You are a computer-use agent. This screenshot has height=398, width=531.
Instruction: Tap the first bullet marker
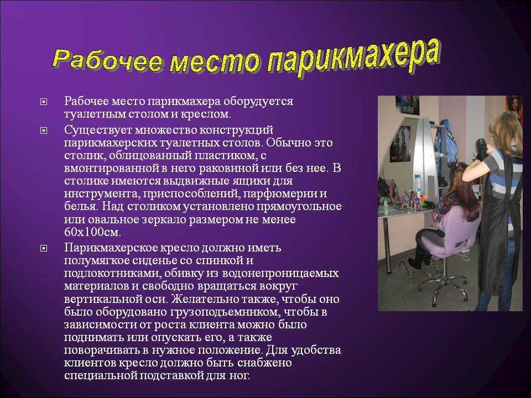pos(44,102)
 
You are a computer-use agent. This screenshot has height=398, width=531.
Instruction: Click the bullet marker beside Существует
pos(44,130)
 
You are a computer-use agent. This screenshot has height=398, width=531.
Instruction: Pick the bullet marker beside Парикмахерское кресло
pos(44,248)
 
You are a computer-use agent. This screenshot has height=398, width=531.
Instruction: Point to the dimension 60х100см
pos(92,232)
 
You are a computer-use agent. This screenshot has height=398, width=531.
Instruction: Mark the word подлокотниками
pos(110,274)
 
